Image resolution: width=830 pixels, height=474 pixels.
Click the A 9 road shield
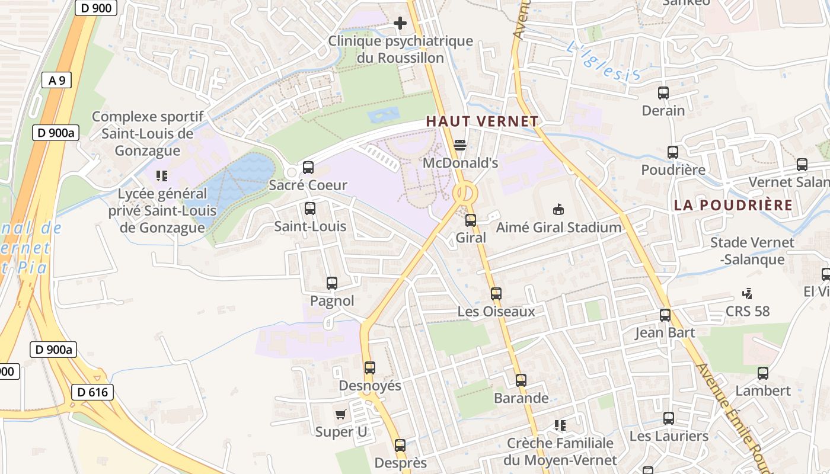(56, 81)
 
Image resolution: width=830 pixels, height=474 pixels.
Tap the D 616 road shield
(92, 392)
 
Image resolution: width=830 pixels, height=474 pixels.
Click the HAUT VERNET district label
(482, 121)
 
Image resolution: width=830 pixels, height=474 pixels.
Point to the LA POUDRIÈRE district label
(733, 205)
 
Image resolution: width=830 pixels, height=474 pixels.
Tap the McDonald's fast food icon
(460, 145)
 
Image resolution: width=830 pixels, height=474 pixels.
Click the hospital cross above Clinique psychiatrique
(400, 24)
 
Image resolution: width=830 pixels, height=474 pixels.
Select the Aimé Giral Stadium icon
(558, 209)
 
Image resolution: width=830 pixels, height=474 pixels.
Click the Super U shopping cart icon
(340, 414)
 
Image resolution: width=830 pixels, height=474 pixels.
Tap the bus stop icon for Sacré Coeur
(308, 168)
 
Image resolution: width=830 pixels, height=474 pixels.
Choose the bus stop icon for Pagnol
(332, 283)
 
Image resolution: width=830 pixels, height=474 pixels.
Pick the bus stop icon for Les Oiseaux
(496, 293)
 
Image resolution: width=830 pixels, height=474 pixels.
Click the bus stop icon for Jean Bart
(665, 315)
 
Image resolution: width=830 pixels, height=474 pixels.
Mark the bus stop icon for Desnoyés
(369, 368)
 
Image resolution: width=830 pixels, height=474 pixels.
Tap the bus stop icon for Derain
(663, 93)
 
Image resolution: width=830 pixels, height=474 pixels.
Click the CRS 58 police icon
(747, 293)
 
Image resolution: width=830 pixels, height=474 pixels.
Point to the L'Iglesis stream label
(603, 62)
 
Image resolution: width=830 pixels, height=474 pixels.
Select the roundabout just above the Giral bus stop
(465, 193)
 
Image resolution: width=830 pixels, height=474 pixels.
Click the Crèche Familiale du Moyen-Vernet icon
(560, 425)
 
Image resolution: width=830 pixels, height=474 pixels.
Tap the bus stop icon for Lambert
(762, 373)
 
